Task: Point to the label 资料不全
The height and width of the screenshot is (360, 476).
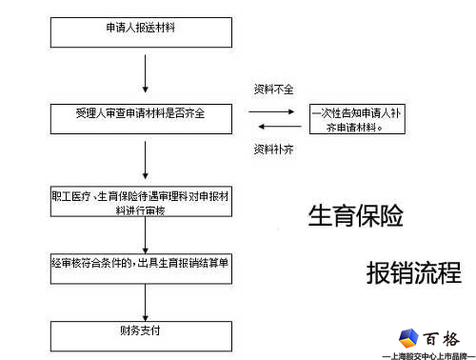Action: [273, 89]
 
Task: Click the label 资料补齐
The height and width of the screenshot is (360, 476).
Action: [273, 150]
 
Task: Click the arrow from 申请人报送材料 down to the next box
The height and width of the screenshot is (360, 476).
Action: [145, 72]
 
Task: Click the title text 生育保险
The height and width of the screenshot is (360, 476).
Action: [355, 216]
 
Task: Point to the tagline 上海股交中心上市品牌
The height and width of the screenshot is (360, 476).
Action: [427, 354]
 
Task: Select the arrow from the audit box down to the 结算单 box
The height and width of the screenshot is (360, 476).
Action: [145, 236]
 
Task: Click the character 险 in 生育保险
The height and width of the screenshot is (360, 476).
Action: [391, 216]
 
